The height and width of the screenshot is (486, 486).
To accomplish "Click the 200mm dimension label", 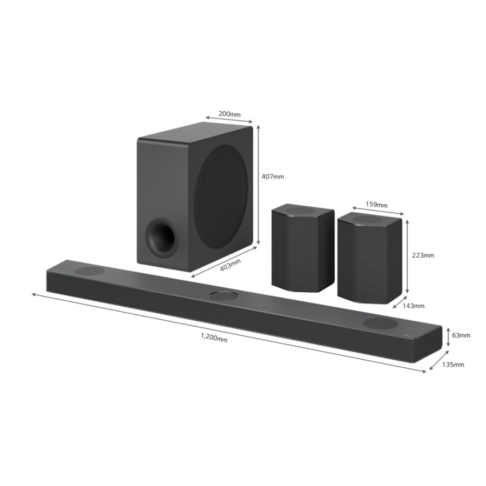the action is point(230,114).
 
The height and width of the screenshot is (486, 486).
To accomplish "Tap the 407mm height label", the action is point(273,177).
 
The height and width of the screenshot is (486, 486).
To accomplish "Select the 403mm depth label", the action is point(230,265).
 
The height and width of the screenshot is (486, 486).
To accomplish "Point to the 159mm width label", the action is point(376,205).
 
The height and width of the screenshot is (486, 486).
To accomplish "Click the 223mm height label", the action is point(423,255).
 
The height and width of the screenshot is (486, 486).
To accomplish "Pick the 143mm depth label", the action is point(414,306).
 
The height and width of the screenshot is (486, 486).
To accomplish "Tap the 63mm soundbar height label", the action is point(461,335).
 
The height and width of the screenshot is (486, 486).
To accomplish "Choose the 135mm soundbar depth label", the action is point(453,364).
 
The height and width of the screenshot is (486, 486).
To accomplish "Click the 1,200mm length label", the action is point(214,337).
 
